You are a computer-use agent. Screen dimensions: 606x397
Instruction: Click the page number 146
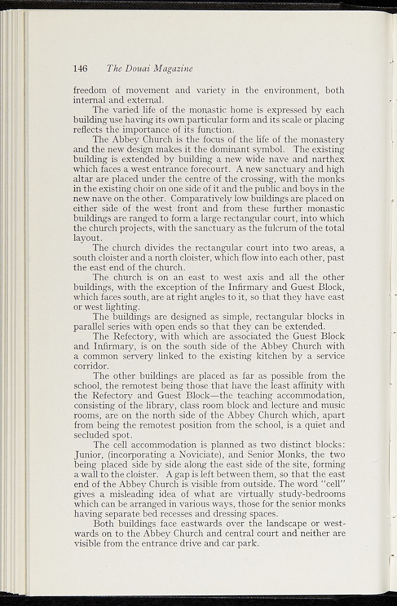coord(80,69)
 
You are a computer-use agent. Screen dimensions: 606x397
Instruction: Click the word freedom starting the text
coord(92,91)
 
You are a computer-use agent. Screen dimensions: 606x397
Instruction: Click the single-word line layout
coord(88,239)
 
